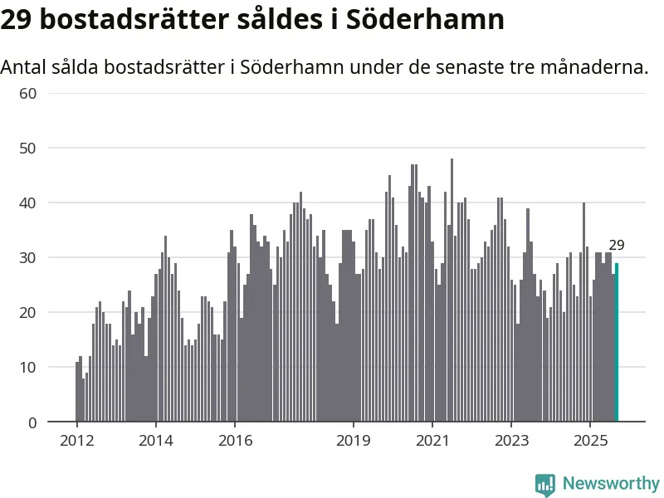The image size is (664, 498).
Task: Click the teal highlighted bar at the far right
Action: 616,342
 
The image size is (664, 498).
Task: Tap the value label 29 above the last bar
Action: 616,245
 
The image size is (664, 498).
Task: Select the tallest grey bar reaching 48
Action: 452,290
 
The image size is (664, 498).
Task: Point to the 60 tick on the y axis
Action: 28,93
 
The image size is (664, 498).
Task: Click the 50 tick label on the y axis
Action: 28,148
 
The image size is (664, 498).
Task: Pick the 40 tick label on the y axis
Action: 28,203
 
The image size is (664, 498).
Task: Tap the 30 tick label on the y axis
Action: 28,257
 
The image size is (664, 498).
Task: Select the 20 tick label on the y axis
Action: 28,312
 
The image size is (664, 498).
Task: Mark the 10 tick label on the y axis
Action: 28,367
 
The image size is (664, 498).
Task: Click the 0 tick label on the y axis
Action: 32,422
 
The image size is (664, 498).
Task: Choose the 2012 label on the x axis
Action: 76,440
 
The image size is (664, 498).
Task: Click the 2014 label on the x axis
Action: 155,440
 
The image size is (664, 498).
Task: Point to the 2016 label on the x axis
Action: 234,440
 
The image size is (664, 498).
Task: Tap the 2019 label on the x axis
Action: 353,440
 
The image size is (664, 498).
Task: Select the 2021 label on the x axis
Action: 432,440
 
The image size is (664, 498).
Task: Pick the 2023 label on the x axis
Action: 510,440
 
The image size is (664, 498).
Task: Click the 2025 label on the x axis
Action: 589,440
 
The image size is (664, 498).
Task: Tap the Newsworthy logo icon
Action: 545,484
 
